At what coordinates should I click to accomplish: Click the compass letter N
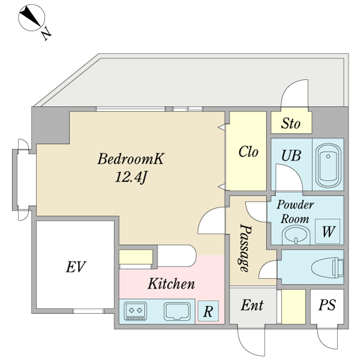tap(46, 34)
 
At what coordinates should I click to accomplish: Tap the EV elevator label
tap(76, 267)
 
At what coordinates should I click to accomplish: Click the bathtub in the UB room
tap(328, 166)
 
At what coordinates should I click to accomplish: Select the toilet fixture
tap(328, 268)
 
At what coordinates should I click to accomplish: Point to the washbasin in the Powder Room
tap(296, 235)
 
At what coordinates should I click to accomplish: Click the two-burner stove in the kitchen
tap(135, 311)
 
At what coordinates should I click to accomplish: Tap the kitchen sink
tap(177, 311)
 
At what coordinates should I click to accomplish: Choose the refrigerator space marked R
tap(208, 311)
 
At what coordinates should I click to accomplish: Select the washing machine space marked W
tap(328, 231)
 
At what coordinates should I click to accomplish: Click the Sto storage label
tap(290, 123)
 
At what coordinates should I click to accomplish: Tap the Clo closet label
tap(248, 152)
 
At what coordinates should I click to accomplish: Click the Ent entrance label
tap(253, 305)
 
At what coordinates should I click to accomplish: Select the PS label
tap(327, 305)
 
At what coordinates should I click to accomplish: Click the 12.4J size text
tap(131, 177)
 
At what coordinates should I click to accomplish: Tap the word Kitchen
tap(171, 284)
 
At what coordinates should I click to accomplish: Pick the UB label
tap(291, 155)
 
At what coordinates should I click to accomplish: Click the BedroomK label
tap(131, 158)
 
